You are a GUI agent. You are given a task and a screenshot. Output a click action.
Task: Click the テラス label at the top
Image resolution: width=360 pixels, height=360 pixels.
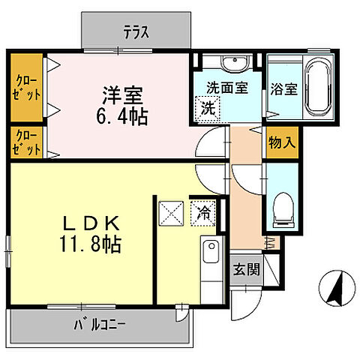[137, 31]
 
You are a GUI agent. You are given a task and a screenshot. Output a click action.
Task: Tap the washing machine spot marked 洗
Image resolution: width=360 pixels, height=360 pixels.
[206, 106]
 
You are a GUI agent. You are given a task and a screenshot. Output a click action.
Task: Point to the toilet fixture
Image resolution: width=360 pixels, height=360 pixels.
[283, 206]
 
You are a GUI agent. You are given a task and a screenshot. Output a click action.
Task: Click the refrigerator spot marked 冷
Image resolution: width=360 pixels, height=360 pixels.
[203, 212]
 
